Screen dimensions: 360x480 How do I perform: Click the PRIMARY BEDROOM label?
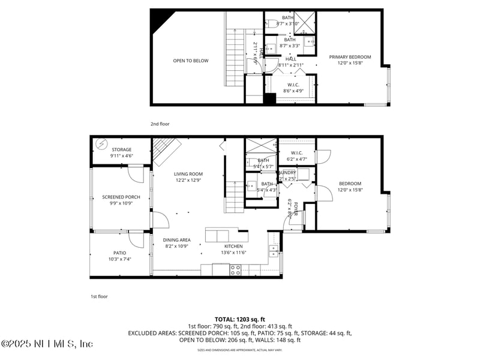[350, 57]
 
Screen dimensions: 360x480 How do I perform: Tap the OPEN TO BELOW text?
[191, 61]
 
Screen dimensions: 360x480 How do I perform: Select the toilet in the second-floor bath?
[271, 23]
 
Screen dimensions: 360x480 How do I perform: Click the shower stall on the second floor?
[305, 22]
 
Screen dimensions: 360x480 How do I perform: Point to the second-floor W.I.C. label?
[293, 85]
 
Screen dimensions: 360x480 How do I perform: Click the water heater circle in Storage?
[100, 144]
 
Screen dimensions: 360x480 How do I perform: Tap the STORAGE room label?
[121, 149]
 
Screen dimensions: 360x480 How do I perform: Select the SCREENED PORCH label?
[121, 197]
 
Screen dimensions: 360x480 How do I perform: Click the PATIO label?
[120, 253]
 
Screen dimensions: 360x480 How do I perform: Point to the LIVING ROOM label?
[188, 173]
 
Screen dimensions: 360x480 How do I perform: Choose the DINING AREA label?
[176, 240]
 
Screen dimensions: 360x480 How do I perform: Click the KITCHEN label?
[233, 246]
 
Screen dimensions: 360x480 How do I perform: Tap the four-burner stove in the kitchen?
[235, 271]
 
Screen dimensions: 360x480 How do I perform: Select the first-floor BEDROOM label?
[350, 184]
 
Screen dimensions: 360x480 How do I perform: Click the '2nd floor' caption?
[160, 124]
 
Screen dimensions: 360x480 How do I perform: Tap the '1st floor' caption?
[99, 296]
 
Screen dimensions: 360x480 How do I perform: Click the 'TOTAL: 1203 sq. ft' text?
[239, 319]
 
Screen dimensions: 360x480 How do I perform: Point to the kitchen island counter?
[226, 235]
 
